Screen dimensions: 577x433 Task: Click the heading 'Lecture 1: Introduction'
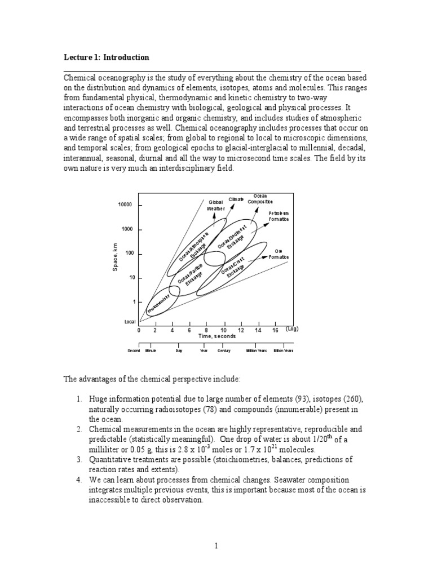tap(106, 57)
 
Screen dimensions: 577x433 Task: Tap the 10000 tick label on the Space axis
tap(125, 205)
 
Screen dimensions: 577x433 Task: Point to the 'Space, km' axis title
tap(115, 257)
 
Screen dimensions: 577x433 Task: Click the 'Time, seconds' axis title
tap(217, 336)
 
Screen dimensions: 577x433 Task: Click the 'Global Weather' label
tap(216, 205)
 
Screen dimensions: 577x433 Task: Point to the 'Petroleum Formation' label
tap(278, 216)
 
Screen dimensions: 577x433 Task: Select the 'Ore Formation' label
tap(278, 254)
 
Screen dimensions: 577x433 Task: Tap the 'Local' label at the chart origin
tap(130, 322)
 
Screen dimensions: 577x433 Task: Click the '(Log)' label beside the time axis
tap(291, 329)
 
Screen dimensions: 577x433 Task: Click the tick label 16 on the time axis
tap(275, 330)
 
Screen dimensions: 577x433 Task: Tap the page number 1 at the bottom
tap(216, 545)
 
